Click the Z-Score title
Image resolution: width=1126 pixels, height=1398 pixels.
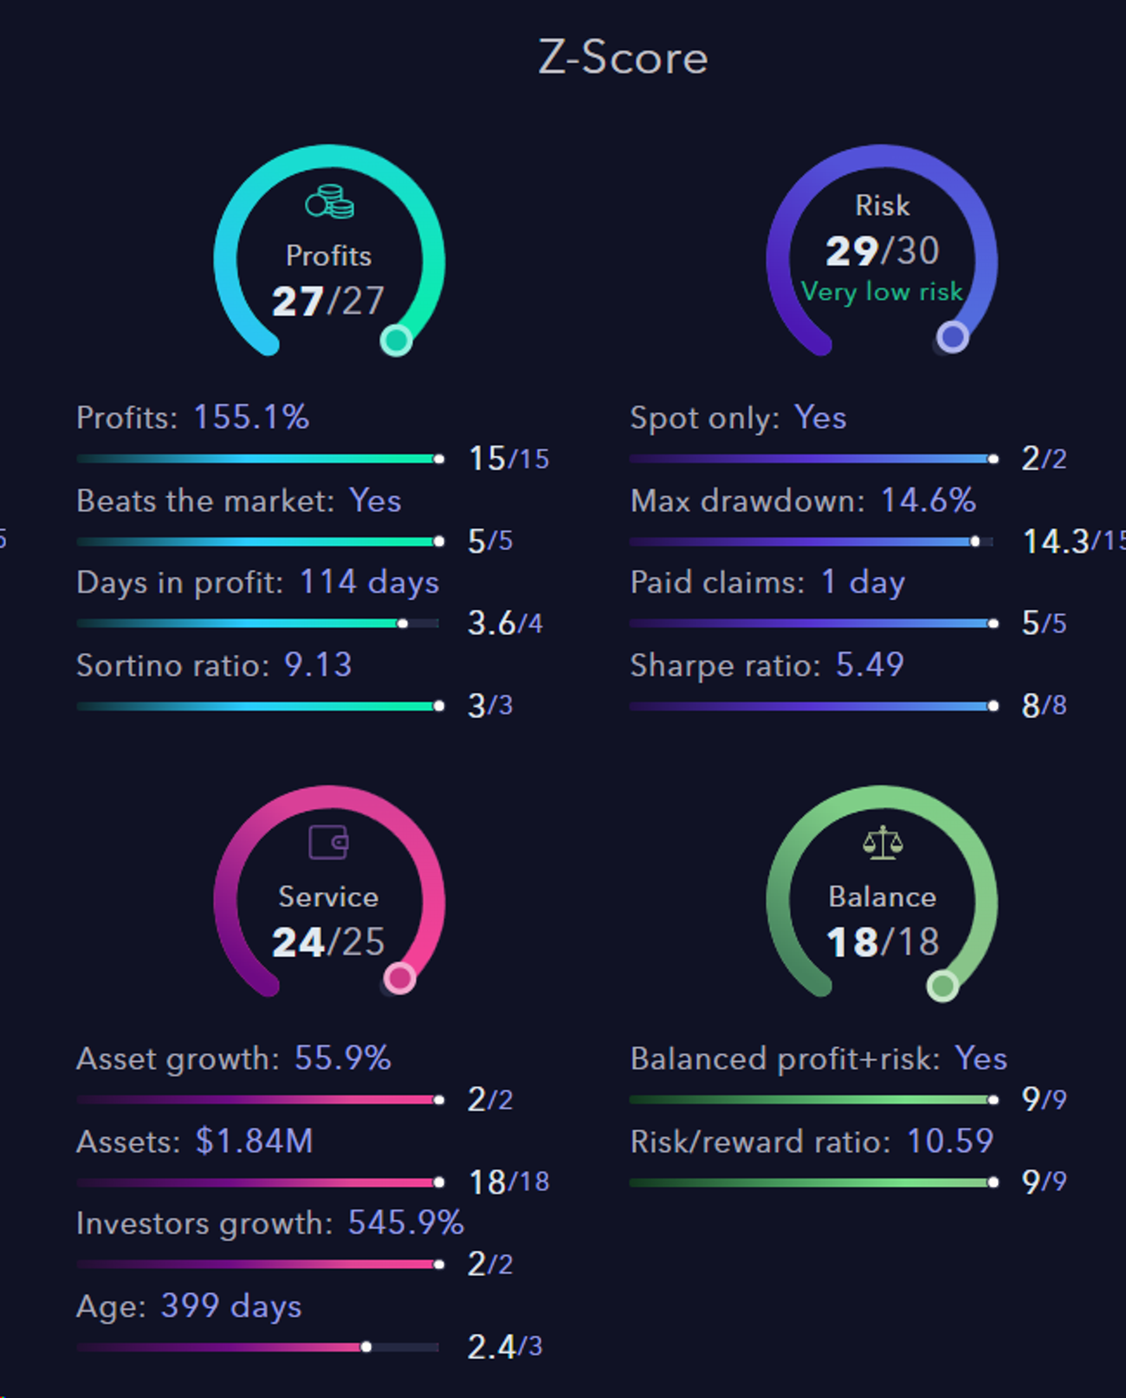click(x=623, y=58)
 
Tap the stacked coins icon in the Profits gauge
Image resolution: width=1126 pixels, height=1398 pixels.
click(x=329, y=202)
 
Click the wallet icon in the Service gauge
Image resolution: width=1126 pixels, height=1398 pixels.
click(x=328, y=842)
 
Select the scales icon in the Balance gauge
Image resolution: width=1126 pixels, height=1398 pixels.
click(x=883, y=842)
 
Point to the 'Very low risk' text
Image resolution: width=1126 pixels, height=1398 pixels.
click(x=882, y=292)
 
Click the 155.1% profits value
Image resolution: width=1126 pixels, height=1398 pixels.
click(x=251, y=417)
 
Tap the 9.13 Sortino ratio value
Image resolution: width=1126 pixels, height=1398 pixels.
click(x=318, y=665)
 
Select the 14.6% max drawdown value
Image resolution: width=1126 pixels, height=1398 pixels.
click(x=928, y=501)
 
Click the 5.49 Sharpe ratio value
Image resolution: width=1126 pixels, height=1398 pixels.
click(x=870, y=665)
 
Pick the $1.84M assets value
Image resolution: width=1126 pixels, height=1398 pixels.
click(x=254, y=1142)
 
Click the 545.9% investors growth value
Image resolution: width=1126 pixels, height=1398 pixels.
click(x=405, y=1223)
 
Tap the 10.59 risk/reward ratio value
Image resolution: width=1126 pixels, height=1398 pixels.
click(x=949, y=1142)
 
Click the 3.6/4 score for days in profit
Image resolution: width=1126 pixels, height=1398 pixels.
click(x=505, y=624)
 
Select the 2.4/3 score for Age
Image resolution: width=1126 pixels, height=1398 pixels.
click(x=504, y=1347)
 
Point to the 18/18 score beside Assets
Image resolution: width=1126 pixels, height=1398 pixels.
click(x=508, y=1182)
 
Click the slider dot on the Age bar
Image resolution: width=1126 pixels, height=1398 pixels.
click(x=366, y=1347)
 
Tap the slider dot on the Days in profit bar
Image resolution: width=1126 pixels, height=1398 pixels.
click(x=403, y=624)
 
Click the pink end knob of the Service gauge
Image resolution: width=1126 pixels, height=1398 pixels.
click(x=399, y=979)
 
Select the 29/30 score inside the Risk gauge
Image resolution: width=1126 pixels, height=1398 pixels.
click(x=882, y=251)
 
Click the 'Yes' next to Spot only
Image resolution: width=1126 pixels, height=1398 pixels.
click(x=820, y=418)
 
